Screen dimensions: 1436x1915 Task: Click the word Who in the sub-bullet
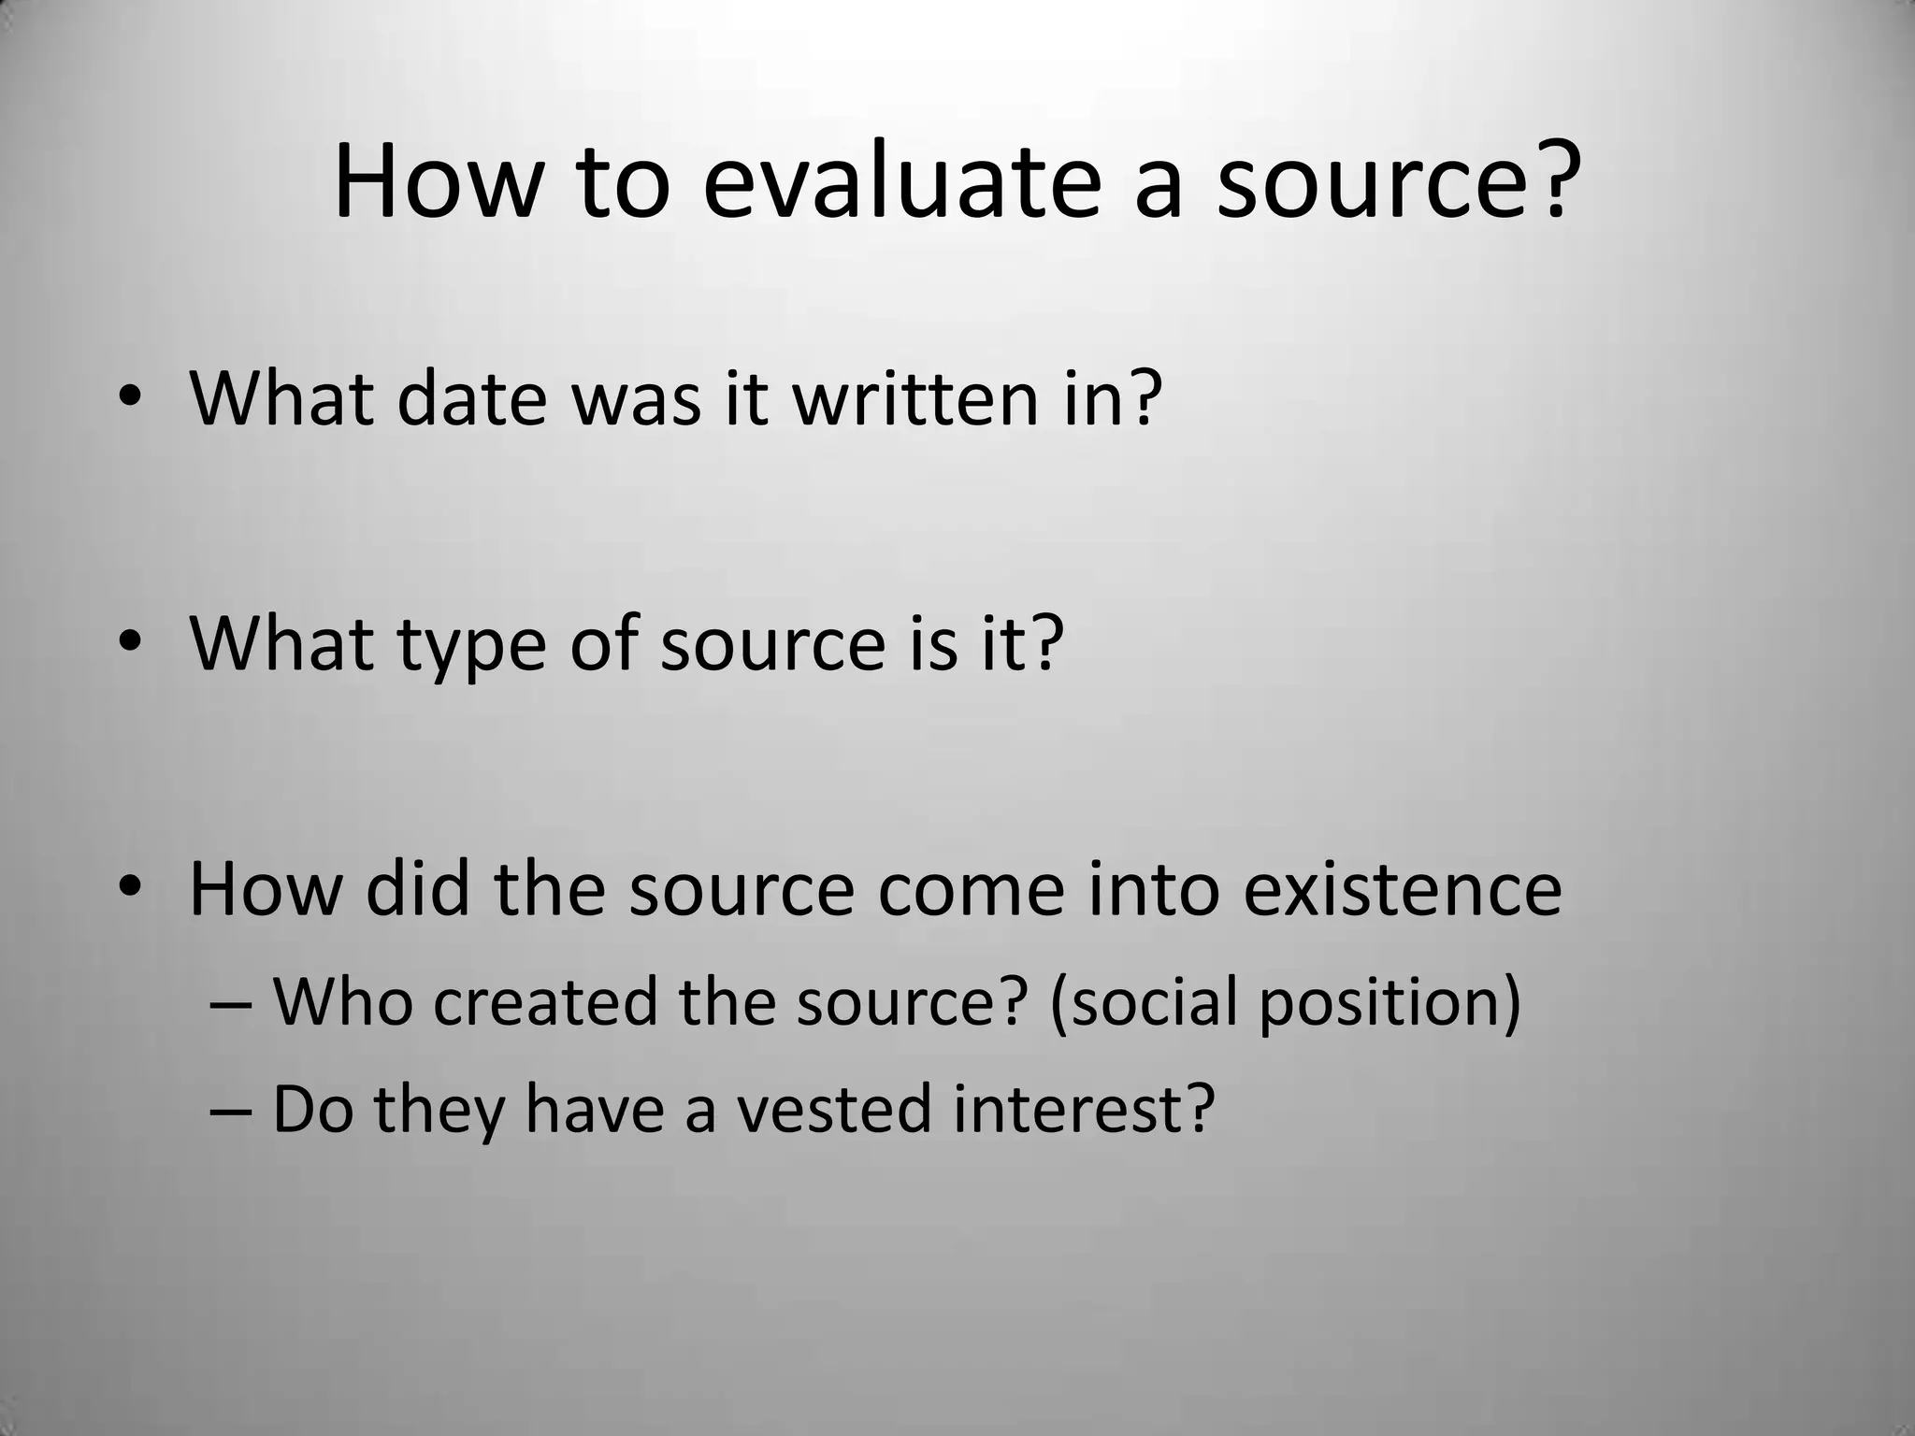click(342, 1001)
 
